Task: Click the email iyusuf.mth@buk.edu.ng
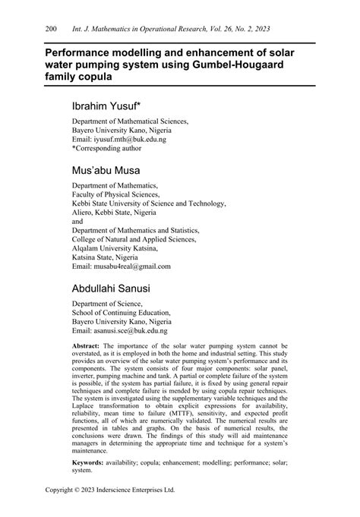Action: click(129, 140)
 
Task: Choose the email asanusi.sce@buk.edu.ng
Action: click(131, 331)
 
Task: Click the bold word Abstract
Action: click(89, 345)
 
